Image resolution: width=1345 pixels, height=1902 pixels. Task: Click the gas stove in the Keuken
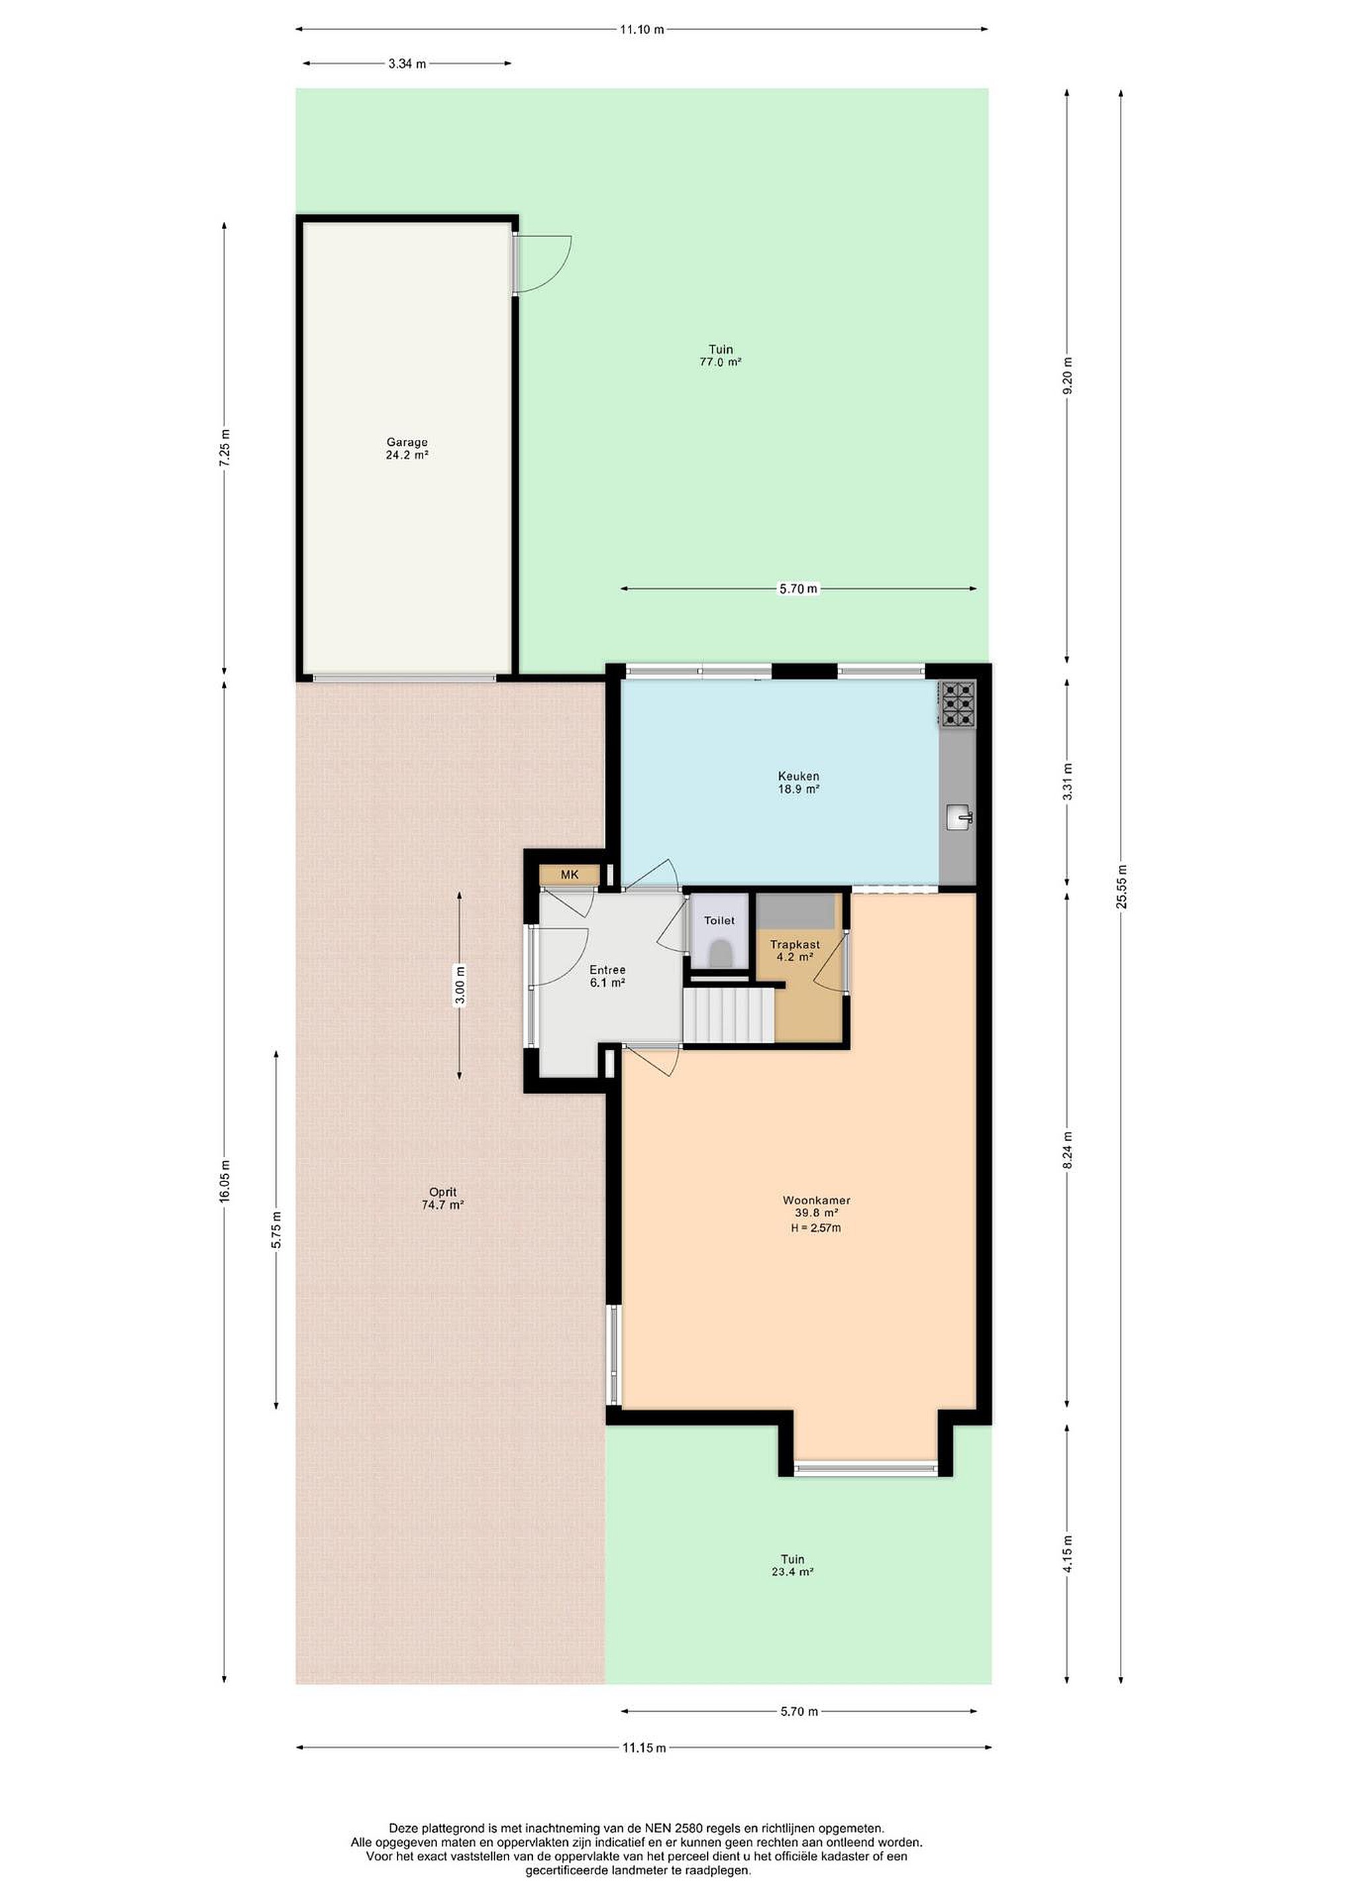click(958, 703)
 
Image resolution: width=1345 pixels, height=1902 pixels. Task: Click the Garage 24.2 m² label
click(407, 448)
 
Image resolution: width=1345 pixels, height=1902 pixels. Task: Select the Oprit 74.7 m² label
click(442, 1199)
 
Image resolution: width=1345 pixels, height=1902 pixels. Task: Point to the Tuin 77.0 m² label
click(720, 355)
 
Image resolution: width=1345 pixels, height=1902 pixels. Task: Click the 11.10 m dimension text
click(642, 30)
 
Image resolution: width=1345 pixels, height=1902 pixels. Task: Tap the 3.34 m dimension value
click(407, 64)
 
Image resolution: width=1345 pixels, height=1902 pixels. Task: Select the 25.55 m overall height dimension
click(1121, 886)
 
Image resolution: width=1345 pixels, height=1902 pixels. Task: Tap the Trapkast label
click(795, 944)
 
